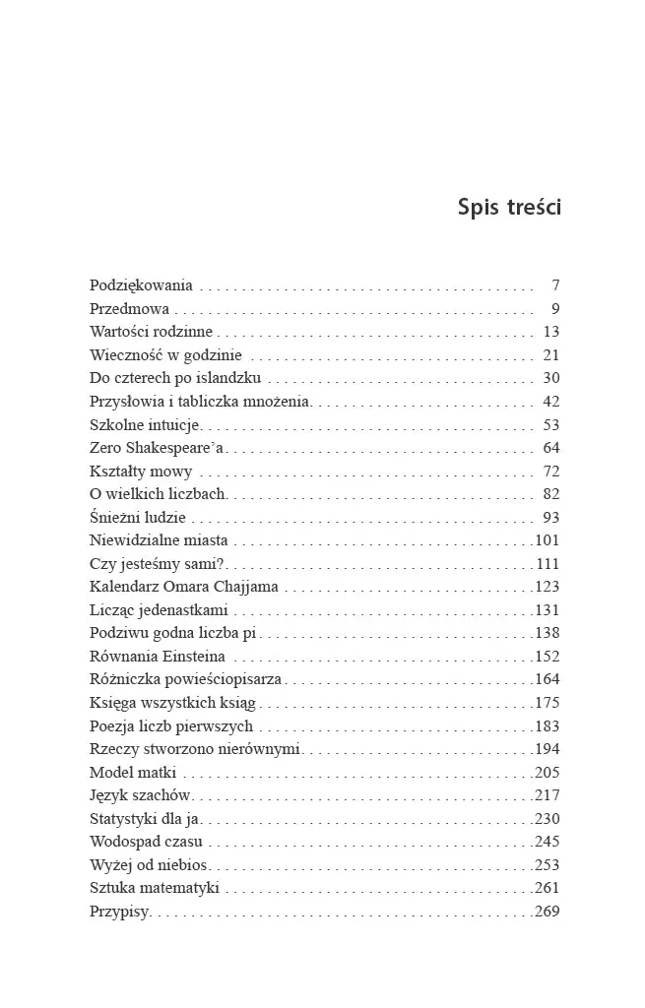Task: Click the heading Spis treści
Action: pyautogui.click(x=509, y=208)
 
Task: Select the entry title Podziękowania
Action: pyautogui.click(x=141, y=286)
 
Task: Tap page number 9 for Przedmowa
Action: pyautogui.click(x=555, y=309)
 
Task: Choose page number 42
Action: pyautogui.click(x=550, y=401)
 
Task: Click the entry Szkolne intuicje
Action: pyautogui.click(x=144, y=424)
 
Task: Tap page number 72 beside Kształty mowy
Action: pyautogui.click(x=550, y=471)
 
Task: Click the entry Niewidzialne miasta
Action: pyautogui.click(x=159, y=540)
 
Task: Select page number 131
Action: pyautogui.click(x=548, y=609)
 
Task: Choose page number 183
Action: pyautogui.click(x=548, y=725)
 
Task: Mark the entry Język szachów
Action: pyautogui.click(x=141, y=795)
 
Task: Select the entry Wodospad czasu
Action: pyautogui.click(x=146, y=842)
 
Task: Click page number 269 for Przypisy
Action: pyautogui.click(x=548, y=912)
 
